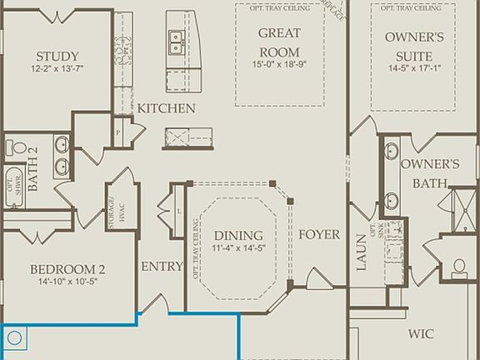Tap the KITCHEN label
click(x=167, y=108)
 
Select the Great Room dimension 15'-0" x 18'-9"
click(x=279, y=62)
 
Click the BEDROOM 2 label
click(x=67, y=269)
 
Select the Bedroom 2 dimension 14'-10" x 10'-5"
click(x=67, y=282)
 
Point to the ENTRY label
click(x=162, y=267)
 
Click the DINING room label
click(x=238, y=235)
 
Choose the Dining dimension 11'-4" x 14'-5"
click(x=238, y=248)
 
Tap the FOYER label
click(x=319, y=234)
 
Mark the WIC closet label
click(x=421, y=333)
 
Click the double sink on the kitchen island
click(x=176, y=37)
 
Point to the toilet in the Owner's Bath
click(x=460, y=267)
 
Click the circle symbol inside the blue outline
click(x=14, y=338)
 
